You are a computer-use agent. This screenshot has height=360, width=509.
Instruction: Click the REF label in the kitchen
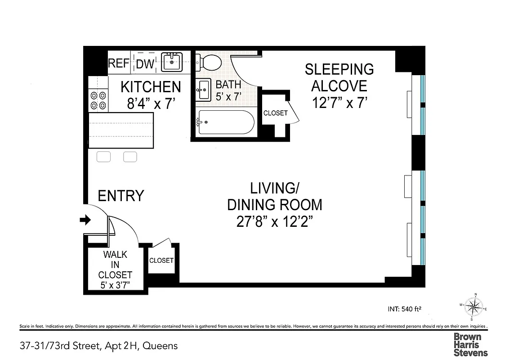click(x=119, y=63)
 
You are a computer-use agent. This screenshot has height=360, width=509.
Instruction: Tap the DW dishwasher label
click(x=145, y=64)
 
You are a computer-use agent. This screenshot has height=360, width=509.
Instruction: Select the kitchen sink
click(x=172, y=62)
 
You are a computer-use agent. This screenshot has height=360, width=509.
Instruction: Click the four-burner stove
click(x=98, y=100)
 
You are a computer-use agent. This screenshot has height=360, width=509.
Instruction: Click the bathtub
click(x=226, y=122)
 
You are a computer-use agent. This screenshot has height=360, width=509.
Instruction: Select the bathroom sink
click(x=204, y=90)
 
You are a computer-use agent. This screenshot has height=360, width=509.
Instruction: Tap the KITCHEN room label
click(x=151, y=86)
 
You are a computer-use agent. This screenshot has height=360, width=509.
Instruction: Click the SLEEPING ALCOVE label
click(x=339, y=77)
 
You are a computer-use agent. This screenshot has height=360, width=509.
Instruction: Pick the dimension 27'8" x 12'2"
click(x=274, y=222)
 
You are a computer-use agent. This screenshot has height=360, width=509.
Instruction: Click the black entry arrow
click(x=85, y=220)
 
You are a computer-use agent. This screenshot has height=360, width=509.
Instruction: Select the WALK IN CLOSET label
click(x=115, y=264)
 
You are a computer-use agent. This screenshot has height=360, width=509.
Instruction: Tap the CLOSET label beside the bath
click(x=275, y=113)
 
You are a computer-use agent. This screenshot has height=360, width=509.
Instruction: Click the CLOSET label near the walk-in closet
click(x=161, y=261)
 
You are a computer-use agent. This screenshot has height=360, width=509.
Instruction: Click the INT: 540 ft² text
click(x=404, y=309)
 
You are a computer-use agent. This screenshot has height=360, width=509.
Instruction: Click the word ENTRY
click(x=121, y=196)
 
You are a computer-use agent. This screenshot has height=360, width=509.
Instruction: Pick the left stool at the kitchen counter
click(x=104, y=157)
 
